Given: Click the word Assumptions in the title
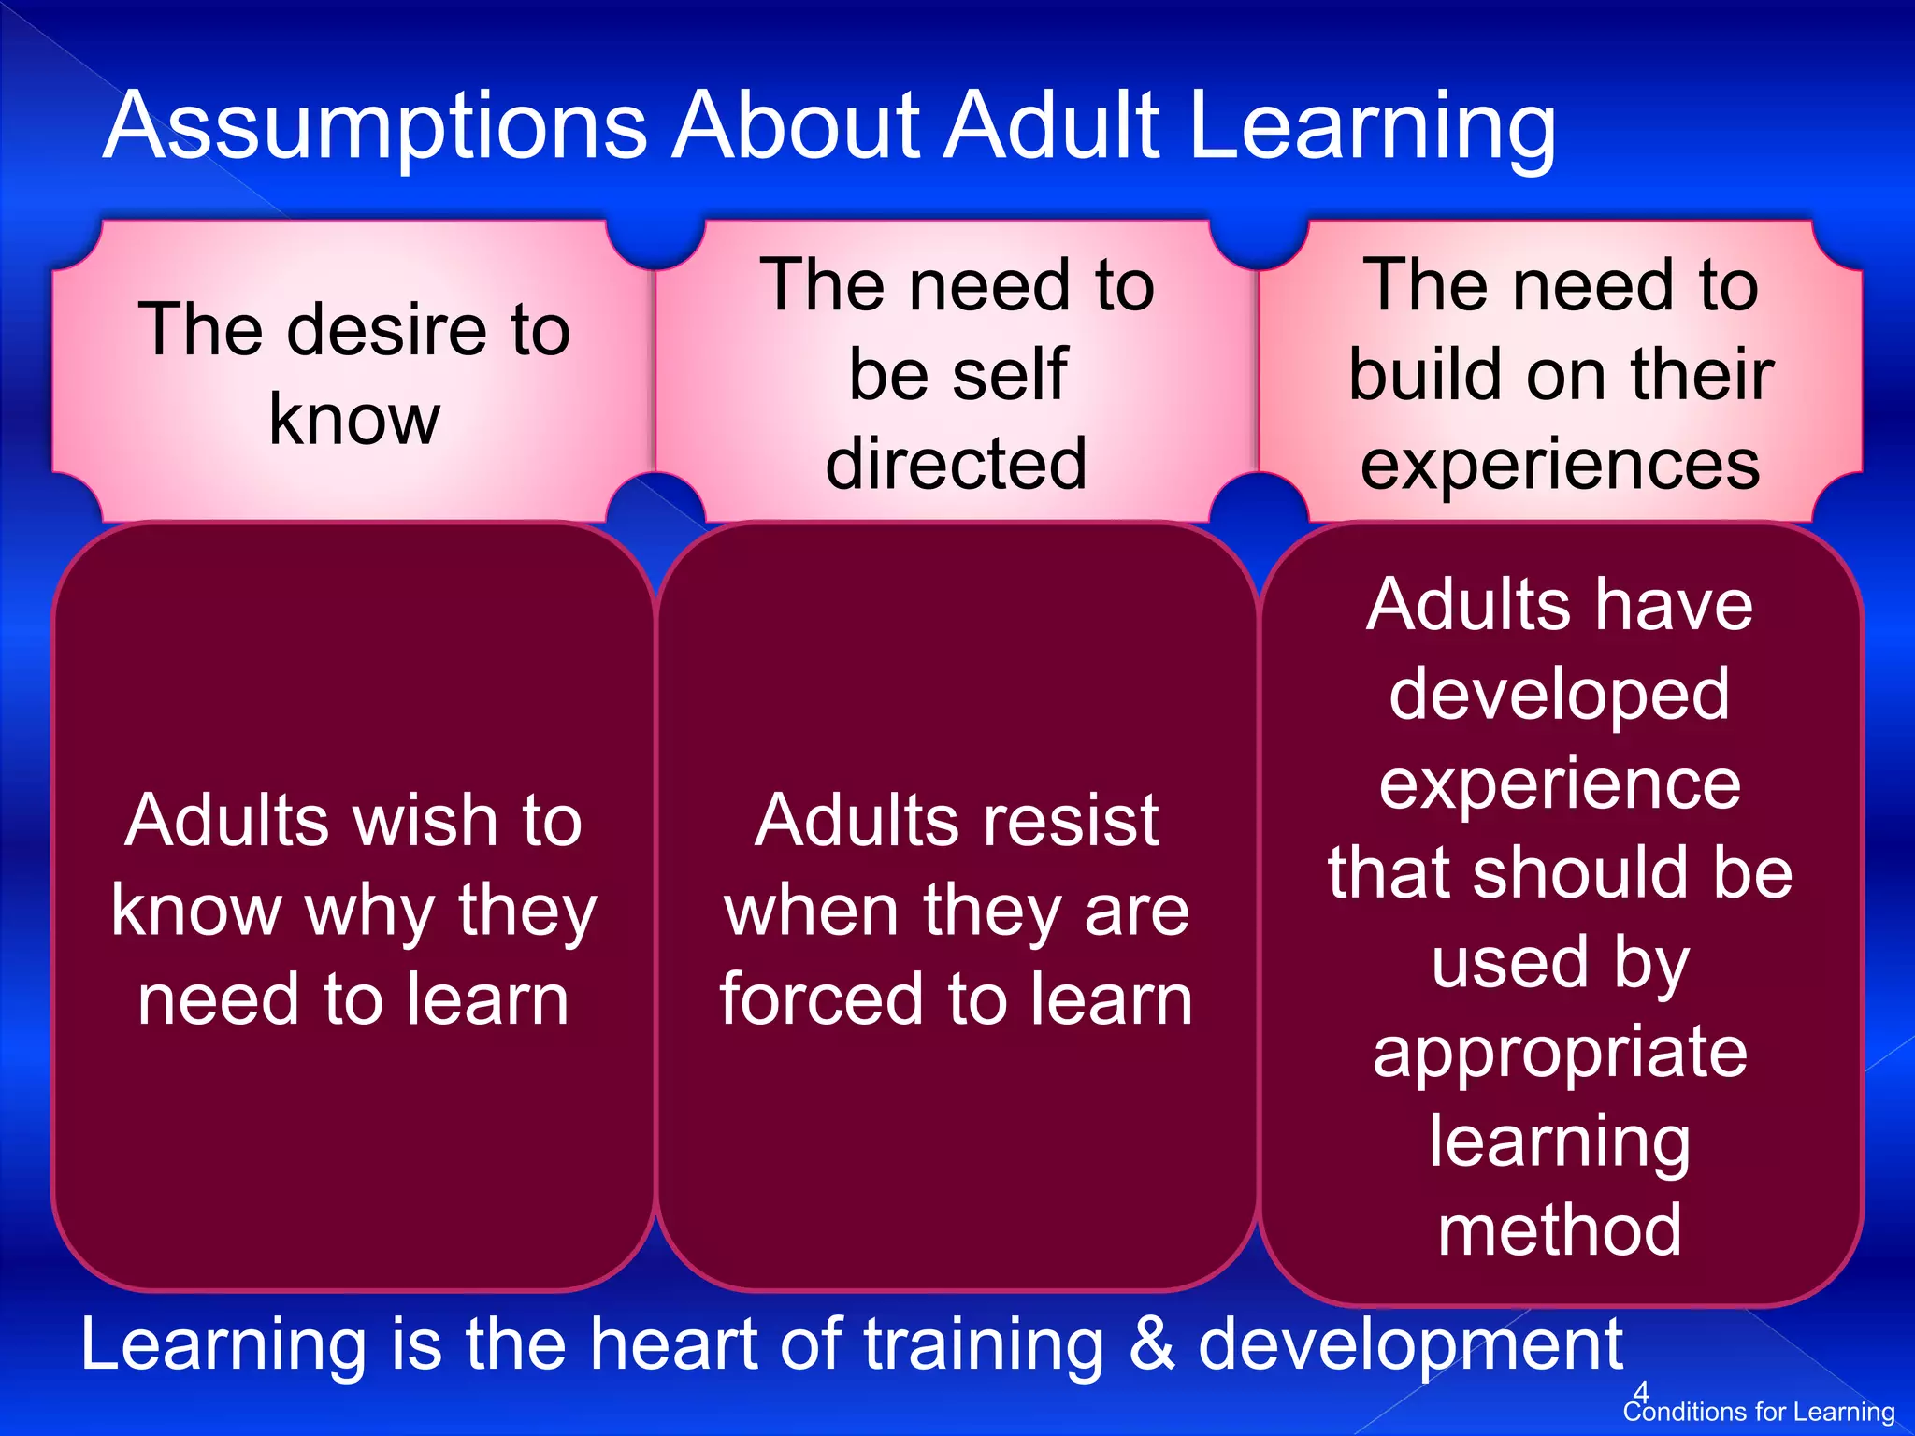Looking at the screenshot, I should (x=375, y=127).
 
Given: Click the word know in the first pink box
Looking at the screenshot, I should (x=353, y=420).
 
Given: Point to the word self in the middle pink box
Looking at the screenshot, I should (x=1011, y=374).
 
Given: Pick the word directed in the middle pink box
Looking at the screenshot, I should (x=957, y=464).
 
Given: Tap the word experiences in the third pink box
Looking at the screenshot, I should (x=1560, y=466).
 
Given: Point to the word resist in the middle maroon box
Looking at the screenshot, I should (x=1065, y=821).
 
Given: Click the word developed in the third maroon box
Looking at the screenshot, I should (x=1560, y=695).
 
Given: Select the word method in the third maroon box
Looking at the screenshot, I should (x=1560, y=1229).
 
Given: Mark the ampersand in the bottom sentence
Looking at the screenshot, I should (x=1151, y=1344).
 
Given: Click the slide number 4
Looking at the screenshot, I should (x=1641, y=1391).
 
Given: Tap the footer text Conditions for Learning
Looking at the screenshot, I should (x=1759, y=1412).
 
